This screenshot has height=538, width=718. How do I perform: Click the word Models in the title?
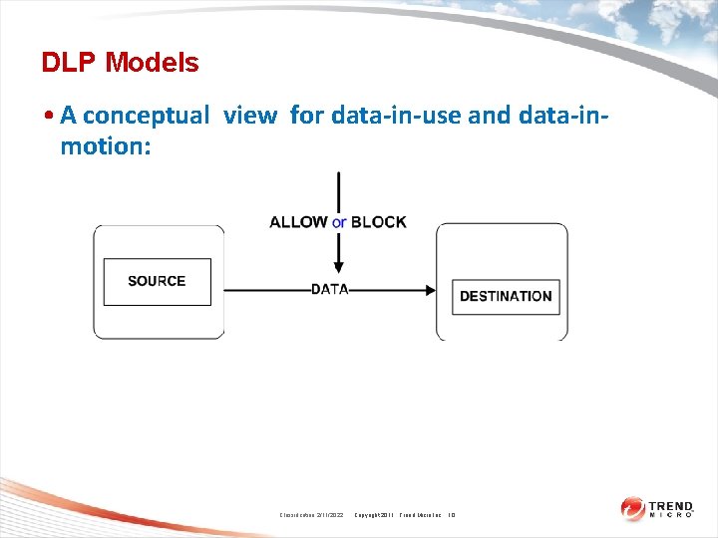tap(152, 63)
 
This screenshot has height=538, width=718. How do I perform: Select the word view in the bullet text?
tap(250, 116)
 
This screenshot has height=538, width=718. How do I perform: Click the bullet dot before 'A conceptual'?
tap(49, 117)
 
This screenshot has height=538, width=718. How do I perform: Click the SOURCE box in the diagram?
tap(158, 281)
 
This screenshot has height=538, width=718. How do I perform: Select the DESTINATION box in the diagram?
tap(506, 296)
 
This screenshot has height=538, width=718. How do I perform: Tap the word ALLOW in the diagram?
tap(298, 222)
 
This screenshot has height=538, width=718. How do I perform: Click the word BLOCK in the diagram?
tap(379, 222)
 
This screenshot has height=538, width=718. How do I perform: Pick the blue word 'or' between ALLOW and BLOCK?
tap(339, 222)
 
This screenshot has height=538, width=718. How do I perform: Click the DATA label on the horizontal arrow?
tap(329, 290)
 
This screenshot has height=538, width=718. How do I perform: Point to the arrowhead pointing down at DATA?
tap(339, 267)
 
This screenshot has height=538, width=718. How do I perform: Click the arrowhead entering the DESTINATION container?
tap(430, 290)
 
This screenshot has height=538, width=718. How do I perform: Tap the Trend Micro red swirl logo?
tap(634, 509)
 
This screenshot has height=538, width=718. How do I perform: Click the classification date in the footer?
tap(310, 514)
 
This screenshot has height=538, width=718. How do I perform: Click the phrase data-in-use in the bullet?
tap(395, 116)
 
